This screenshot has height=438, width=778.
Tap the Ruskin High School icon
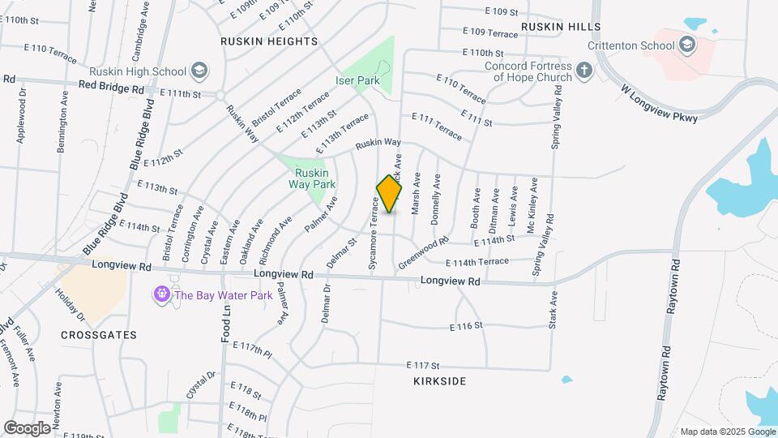click(199, 71)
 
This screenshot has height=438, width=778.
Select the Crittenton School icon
click(688, 44)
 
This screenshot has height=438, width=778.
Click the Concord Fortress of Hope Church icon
click(584, 71)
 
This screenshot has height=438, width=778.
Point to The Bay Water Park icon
click(161, 295)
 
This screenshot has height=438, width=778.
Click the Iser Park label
click(358, 81)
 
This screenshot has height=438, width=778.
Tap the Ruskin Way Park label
click(312, 178)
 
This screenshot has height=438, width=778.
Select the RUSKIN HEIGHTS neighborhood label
click(269, 41)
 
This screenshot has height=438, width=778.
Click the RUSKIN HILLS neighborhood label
click(561, 27)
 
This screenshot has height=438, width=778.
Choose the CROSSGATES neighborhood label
click(99, 334)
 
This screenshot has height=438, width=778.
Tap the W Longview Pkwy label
click(660, 103)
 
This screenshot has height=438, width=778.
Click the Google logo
click(28, 427)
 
